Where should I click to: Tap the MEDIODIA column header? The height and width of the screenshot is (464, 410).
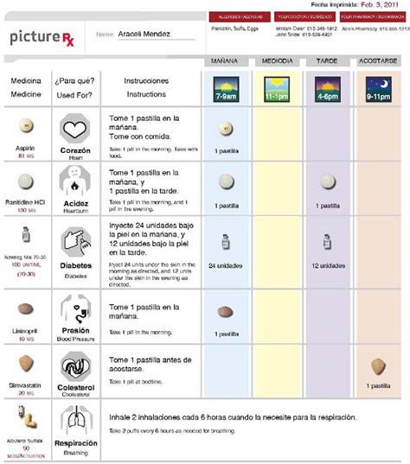pos(276,62)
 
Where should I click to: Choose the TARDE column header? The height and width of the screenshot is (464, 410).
pos(327,62)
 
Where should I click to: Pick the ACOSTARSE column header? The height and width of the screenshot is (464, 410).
pos(379,62)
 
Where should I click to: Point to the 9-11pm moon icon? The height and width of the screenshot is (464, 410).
pos(379,87)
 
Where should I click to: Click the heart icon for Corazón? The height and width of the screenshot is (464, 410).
pos(75,129)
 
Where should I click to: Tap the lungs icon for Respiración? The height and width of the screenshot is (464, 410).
pos(75,422)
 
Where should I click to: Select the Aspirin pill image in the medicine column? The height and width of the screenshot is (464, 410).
pos(24,125)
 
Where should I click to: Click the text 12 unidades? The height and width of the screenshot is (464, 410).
pos(327,266)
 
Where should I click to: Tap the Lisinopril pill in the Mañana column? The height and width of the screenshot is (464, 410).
pos(225,312)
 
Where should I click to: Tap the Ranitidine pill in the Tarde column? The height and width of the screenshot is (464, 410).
pos(327,184)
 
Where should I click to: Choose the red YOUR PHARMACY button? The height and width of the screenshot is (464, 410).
pos(374,16)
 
